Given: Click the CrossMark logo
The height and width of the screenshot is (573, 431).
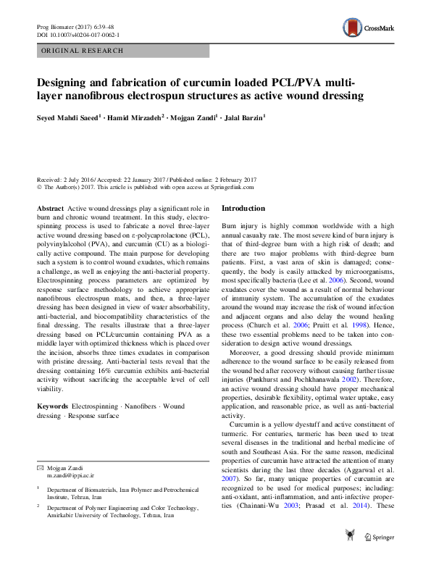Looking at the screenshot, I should (x=369, y=28).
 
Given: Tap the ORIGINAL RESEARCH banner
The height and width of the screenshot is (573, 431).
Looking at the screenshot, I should (x=83, y=51).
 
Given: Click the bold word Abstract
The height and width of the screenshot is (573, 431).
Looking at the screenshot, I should (x=50, y=208).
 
